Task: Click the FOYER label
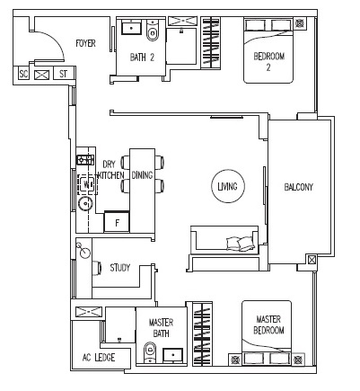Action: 85,43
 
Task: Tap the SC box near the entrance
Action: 23,74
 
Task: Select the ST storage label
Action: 63,74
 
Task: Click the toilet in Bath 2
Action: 153,31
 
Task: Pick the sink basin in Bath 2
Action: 132,28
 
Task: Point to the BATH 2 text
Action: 142,58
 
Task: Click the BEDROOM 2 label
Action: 268,62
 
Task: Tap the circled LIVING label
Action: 228,186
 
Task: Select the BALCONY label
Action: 298,187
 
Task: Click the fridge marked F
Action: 117,221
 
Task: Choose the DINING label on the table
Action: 142,175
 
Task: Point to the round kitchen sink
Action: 86,204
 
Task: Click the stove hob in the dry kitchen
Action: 86,160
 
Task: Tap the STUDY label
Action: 120,268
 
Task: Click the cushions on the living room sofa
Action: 241,244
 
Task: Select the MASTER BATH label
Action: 161,328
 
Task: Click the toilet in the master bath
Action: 150,352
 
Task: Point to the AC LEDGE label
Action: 99,358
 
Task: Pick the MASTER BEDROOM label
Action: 268,324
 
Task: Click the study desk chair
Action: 97,268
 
